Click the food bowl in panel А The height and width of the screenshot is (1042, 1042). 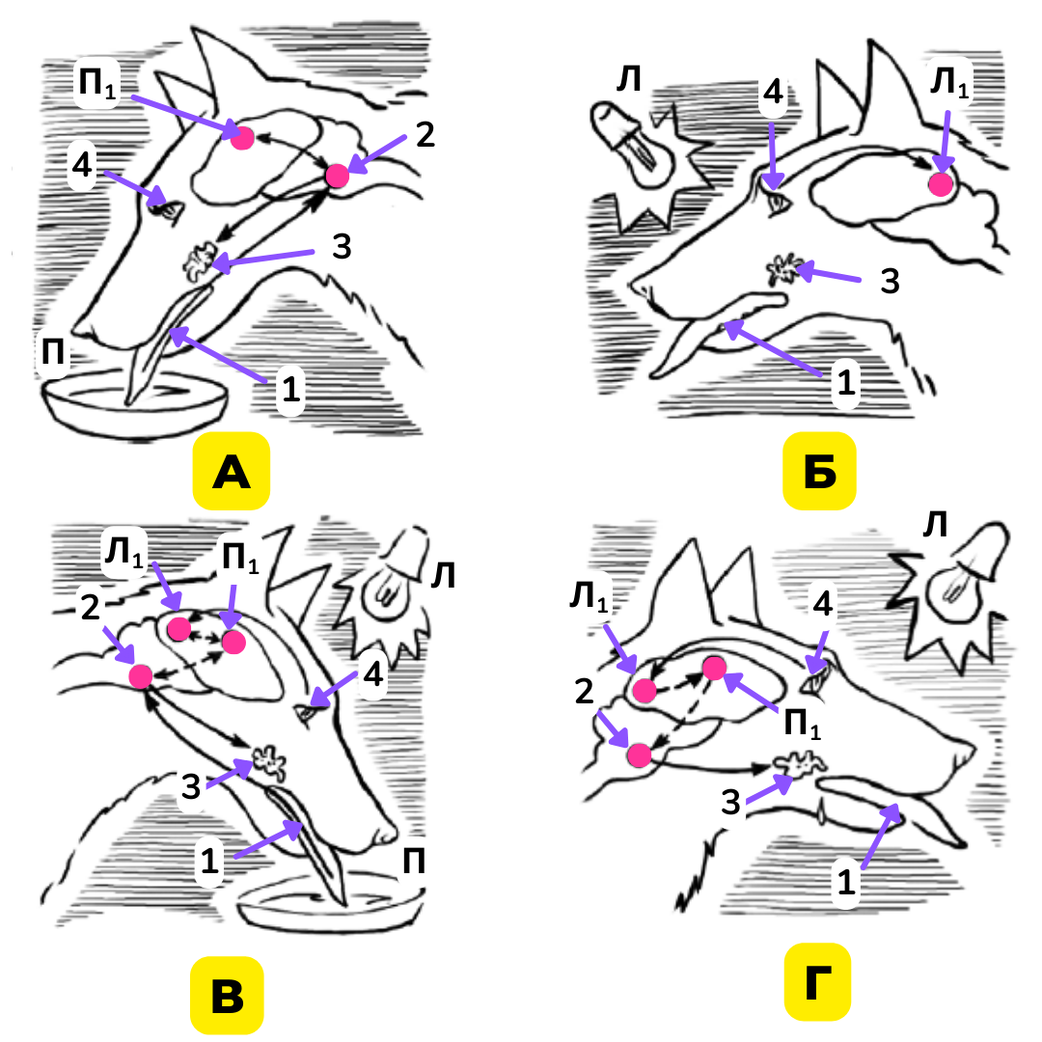click(135, 405)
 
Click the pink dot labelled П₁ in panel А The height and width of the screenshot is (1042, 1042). click(242, 138)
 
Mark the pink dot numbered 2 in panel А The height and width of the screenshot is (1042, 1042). click(337, 176)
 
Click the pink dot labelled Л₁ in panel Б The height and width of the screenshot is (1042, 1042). click(940, 183)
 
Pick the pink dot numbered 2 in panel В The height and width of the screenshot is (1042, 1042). click(140, 675)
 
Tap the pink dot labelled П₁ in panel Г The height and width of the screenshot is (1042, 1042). click(714, 668)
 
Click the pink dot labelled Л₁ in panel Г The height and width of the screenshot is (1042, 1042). click(644, 690)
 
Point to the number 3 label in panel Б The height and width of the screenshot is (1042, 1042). click(891, 280)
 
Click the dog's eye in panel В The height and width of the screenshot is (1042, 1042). click(312, 715)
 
